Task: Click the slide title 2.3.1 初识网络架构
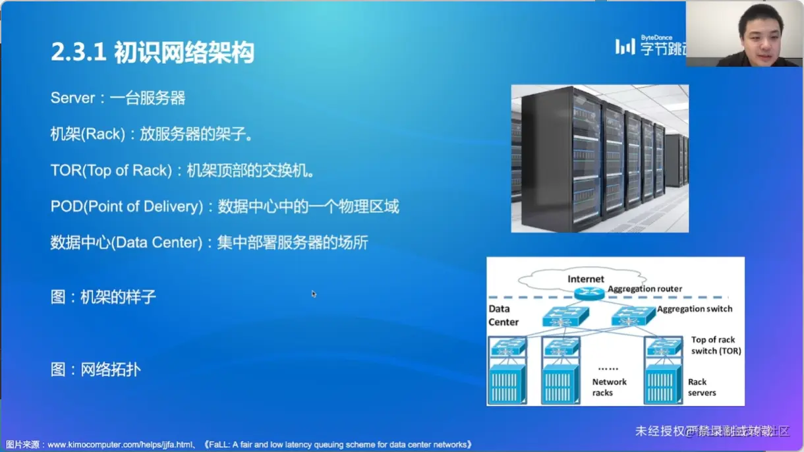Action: click(152, 52)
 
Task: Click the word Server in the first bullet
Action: click(73, 98)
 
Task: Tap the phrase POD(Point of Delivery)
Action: click(127, 207)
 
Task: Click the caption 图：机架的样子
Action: click(103, 297)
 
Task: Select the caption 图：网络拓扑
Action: click(96, 370)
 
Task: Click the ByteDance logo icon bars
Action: click(625, 46)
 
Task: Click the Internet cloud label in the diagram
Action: click(585, 279)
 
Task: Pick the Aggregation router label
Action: click(645, 289)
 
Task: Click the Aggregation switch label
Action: click(695, 308)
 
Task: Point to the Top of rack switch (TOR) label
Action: click(715, 345)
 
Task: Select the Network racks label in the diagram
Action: click(609, 387)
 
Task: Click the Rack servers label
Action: click(701, 387)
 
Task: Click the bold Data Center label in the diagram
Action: click(503, 316)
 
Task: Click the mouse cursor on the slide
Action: click(314, 293)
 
